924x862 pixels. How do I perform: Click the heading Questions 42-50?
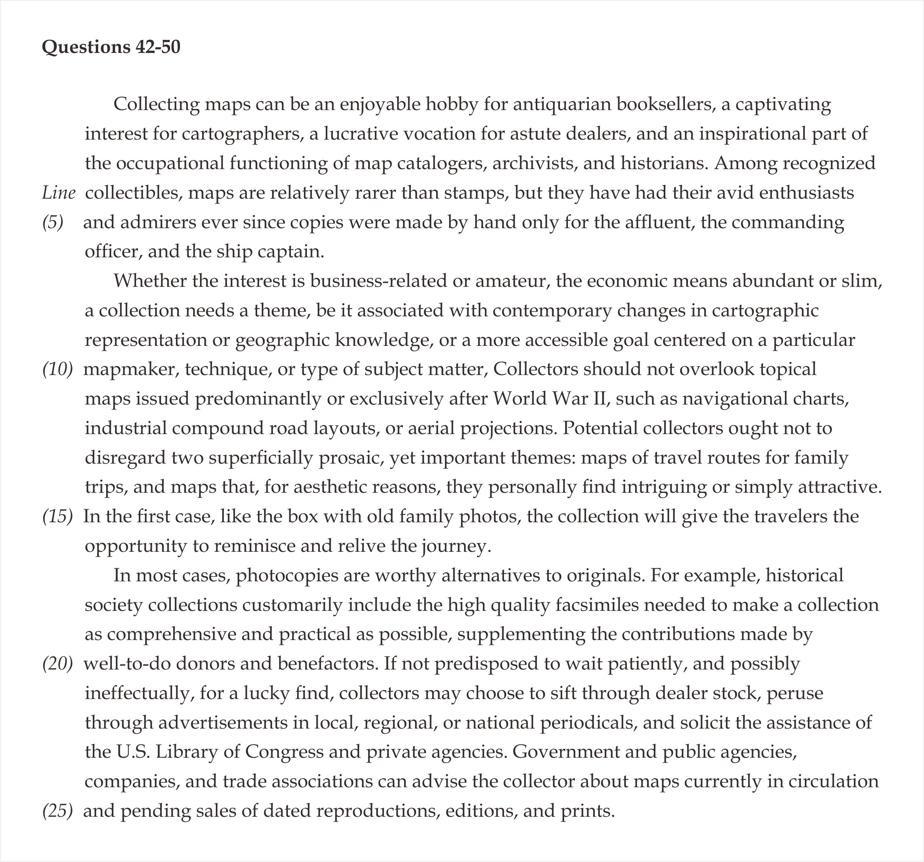click(111, 47)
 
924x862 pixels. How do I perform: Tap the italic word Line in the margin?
click(59, 192)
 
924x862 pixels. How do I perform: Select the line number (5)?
click(53, 222)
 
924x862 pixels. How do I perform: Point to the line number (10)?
click(57, 369)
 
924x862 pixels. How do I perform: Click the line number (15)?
click(57, 517)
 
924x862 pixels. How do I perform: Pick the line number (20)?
click(57, 663)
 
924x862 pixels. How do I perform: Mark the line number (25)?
click(57, 811)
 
